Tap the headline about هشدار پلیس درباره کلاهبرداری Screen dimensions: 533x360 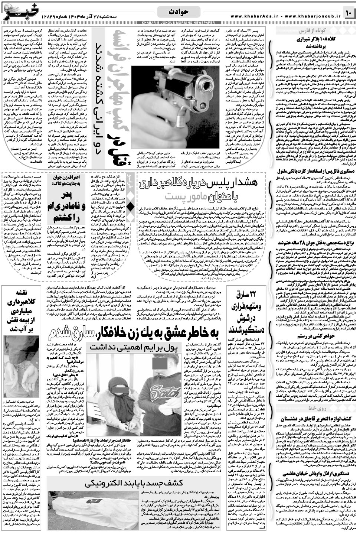pyautogui.click(x=200, y=183)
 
